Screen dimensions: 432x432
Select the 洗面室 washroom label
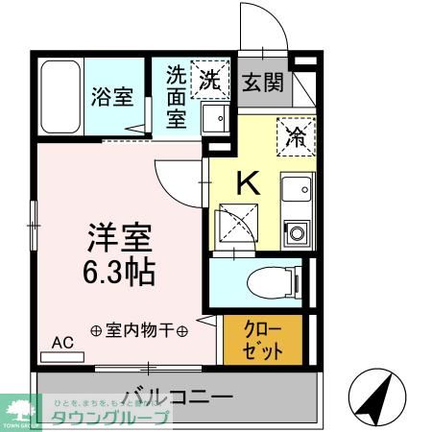(176, 96)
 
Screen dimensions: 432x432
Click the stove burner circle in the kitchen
(296, 232)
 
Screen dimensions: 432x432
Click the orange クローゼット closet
(263, 340)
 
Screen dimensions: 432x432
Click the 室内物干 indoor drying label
(138, 329)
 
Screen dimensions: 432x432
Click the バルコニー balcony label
(177, 395)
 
